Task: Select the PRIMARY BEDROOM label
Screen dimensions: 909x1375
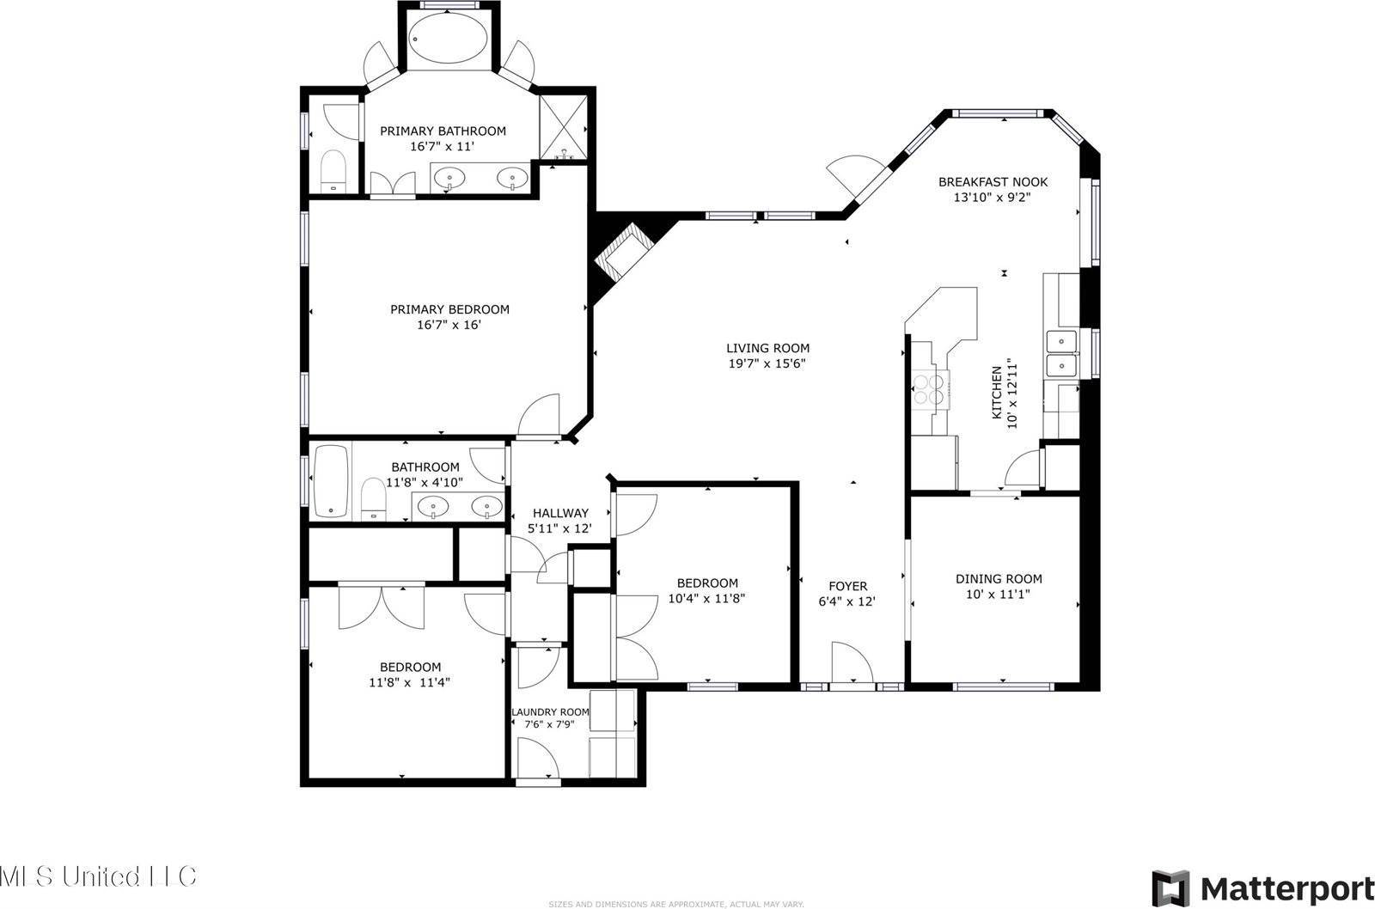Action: pos(449,309)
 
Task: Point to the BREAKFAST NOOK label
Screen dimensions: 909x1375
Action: pos(993,182)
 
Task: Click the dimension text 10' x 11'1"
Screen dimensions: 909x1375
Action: pos(999,594)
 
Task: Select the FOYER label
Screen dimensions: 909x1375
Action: pos(846,587)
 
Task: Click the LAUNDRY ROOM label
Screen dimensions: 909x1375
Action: pos(550,712)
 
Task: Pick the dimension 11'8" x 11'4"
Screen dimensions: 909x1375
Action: pos(410,682)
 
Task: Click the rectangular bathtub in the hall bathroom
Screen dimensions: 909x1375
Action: pos(330,481)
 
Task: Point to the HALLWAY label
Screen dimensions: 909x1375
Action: pos(560,513)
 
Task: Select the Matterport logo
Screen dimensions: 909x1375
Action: pos(1262,887)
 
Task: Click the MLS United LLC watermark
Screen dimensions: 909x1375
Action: pos(99,877)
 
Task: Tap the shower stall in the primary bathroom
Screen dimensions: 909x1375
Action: pos(562,127)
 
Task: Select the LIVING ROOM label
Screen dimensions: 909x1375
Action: pos(767,348)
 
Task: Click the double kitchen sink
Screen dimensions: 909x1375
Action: pos(1062,354)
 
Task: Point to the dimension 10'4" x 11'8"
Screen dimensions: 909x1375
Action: pos(706,598)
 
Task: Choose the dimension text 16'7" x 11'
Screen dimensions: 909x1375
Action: pos(443,146)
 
